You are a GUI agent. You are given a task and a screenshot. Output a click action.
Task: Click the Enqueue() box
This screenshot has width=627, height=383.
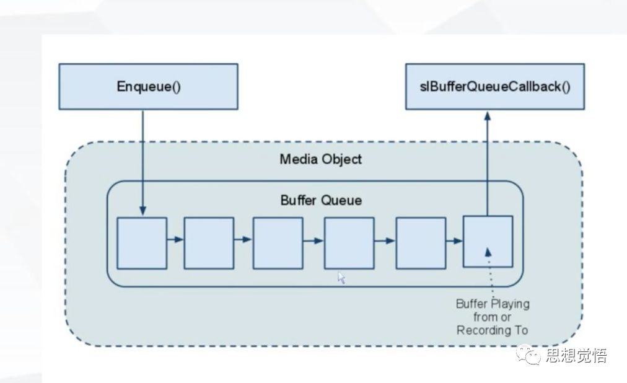[148, 87]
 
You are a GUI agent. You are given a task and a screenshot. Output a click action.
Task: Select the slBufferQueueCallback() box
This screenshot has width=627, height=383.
[494, 87]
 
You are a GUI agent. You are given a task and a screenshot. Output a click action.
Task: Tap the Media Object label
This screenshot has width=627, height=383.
[320, 159]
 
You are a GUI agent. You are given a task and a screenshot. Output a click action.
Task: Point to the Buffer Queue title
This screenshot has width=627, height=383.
[321, 200]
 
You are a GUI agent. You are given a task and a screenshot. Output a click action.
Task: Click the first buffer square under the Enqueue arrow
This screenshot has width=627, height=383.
[142, 243]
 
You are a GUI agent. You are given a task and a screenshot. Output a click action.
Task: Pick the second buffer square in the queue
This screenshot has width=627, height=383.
[209, 243]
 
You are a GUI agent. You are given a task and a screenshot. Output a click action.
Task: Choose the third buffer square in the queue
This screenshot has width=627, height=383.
[278, 243]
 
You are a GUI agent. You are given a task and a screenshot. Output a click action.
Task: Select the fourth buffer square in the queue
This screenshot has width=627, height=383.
[349, 243]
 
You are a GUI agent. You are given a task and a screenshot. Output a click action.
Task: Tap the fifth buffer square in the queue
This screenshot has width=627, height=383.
[421, 243]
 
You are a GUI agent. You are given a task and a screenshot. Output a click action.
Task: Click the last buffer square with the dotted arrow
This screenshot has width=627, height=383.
[488, 241]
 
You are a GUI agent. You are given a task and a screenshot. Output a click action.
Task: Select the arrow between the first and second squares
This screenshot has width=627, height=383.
[175, 239]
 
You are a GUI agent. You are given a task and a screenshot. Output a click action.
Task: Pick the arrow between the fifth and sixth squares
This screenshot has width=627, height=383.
[454, 240]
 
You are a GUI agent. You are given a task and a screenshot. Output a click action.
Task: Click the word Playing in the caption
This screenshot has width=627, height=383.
[510, 304]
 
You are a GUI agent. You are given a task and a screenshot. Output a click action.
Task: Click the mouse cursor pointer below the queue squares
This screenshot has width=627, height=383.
[341, 278]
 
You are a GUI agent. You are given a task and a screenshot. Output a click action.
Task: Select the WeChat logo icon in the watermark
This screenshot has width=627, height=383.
[532, 356]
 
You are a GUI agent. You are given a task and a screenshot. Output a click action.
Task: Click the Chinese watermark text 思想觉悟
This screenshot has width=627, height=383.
[576, 356]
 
